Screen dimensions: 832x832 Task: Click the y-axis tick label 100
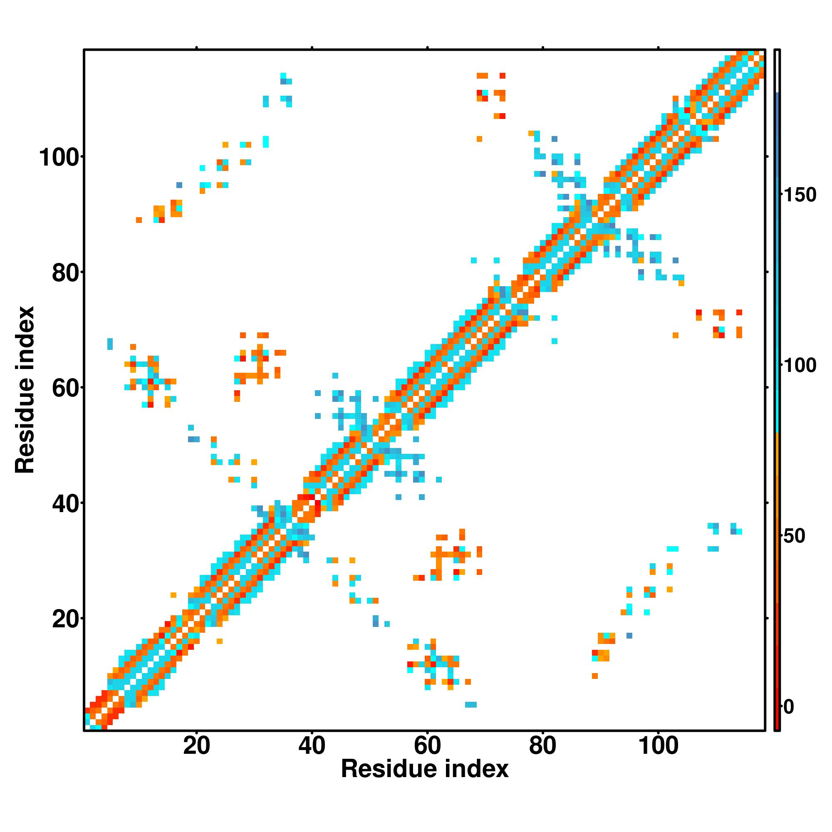59,158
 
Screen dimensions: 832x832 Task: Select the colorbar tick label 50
795,536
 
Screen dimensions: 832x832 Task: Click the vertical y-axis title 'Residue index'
25,390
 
